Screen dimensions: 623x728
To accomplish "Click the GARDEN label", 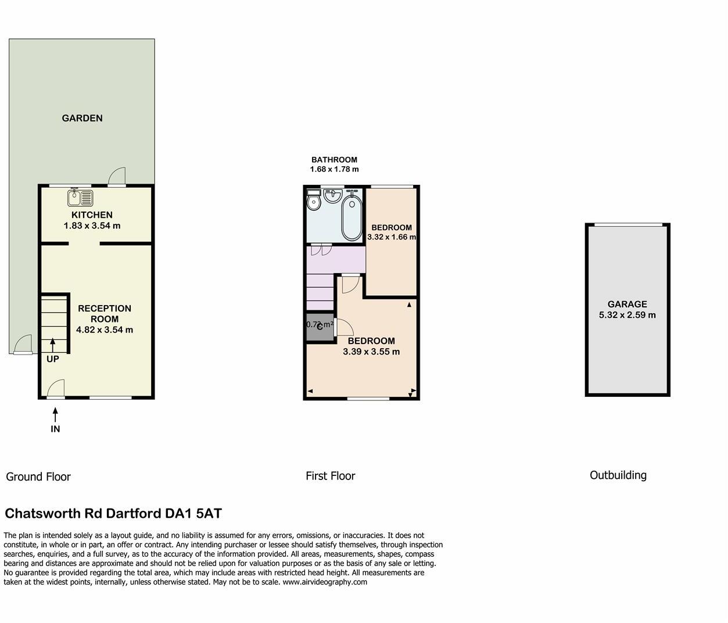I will (x=82, y=118).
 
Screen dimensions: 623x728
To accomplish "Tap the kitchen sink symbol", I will (x=80, y=198).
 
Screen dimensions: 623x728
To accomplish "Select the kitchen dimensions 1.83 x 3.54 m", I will (x=92, y=225).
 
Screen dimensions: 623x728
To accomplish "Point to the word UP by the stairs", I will (x=52, y=359).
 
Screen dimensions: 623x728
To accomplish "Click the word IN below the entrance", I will (x=55, y=429).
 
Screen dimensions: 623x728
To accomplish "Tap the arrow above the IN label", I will (x=55, y=414).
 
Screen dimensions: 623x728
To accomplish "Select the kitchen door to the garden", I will (x=117, y=177).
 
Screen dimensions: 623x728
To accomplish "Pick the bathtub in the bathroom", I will (x=352, y=218).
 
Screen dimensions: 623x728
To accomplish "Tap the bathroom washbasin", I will (x=333, y=196).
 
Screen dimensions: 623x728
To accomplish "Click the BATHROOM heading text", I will (x=334, y=160).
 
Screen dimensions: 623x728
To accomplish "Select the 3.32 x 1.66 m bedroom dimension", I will (x=391, y=237).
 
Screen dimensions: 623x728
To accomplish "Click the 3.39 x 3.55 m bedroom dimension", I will (x=371, y=352).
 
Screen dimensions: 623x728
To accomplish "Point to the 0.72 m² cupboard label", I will (x=320, y=325).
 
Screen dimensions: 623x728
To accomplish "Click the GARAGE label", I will (x=627, y=304).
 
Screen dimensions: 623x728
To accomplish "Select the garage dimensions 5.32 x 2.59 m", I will (x=627, y=315).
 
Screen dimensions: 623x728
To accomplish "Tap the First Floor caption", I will (x=330, y=476).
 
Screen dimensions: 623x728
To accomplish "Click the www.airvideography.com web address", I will (x=325, y=582).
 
